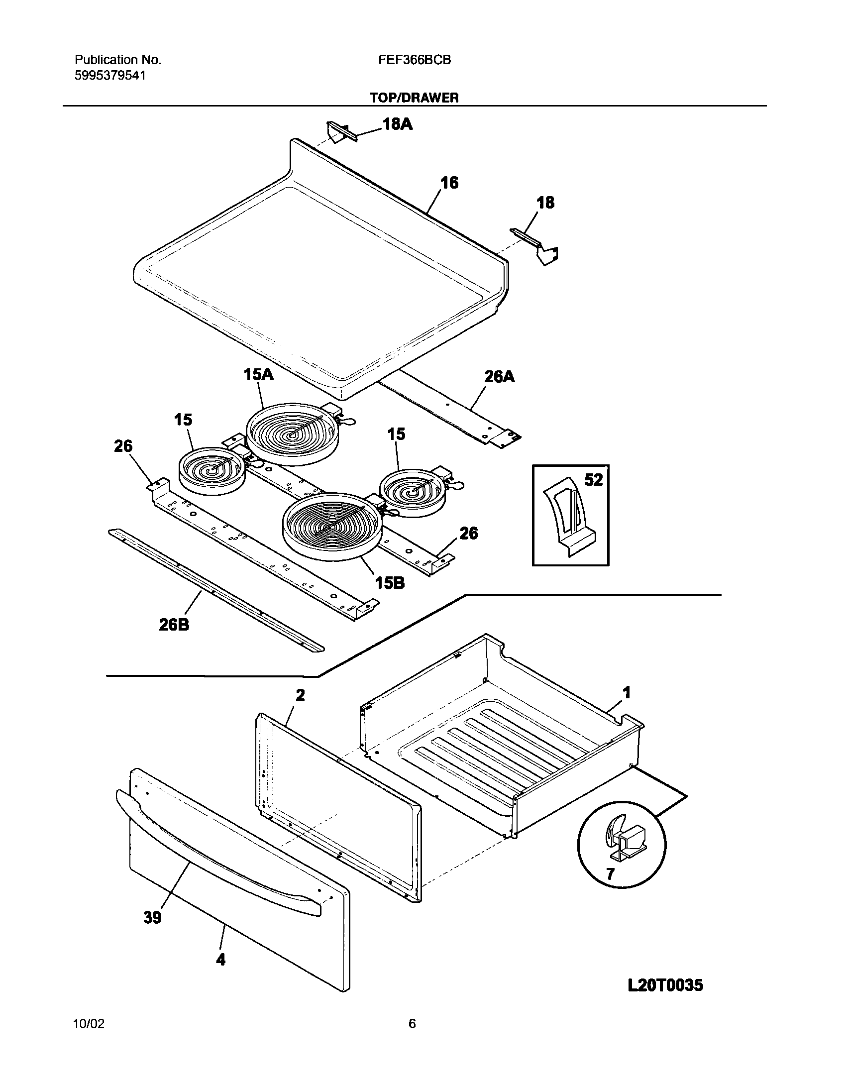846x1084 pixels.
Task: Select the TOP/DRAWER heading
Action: (414, 98)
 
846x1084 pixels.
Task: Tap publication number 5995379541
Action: (110, 75)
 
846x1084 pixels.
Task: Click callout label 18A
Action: (397, 124)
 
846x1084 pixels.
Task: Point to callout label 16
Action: (449, 183)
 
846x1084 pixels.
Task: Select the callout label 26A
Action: (499, 377)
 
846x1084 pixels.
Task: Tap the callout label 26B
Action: (174, 624)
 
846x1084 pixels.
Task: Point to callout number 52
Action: (593, 480)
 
